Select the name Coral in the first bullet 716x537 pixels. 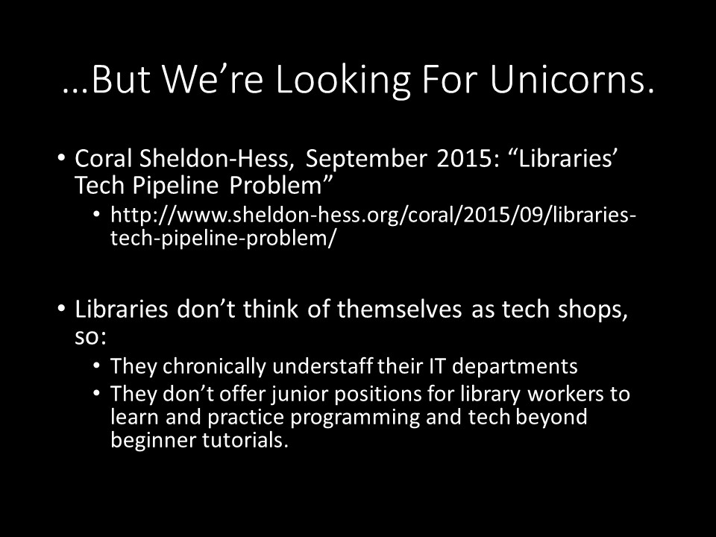coord(104,158)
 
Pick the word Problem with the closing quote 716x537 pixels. coord(280,185)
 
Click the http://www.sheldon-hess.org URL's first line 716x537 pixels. coord(373,215)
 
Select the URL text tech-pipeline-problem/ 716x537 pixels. coord(223,239)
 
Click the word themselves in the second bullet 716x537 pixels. coord(399,309)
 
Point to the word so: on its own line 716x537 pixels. coord(90,337)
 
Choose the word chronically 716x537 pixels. coord(214,367)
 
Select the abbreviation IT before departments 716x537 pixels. coord(436,366)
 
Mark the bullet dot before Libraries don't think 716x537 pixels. coord(62,309)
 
